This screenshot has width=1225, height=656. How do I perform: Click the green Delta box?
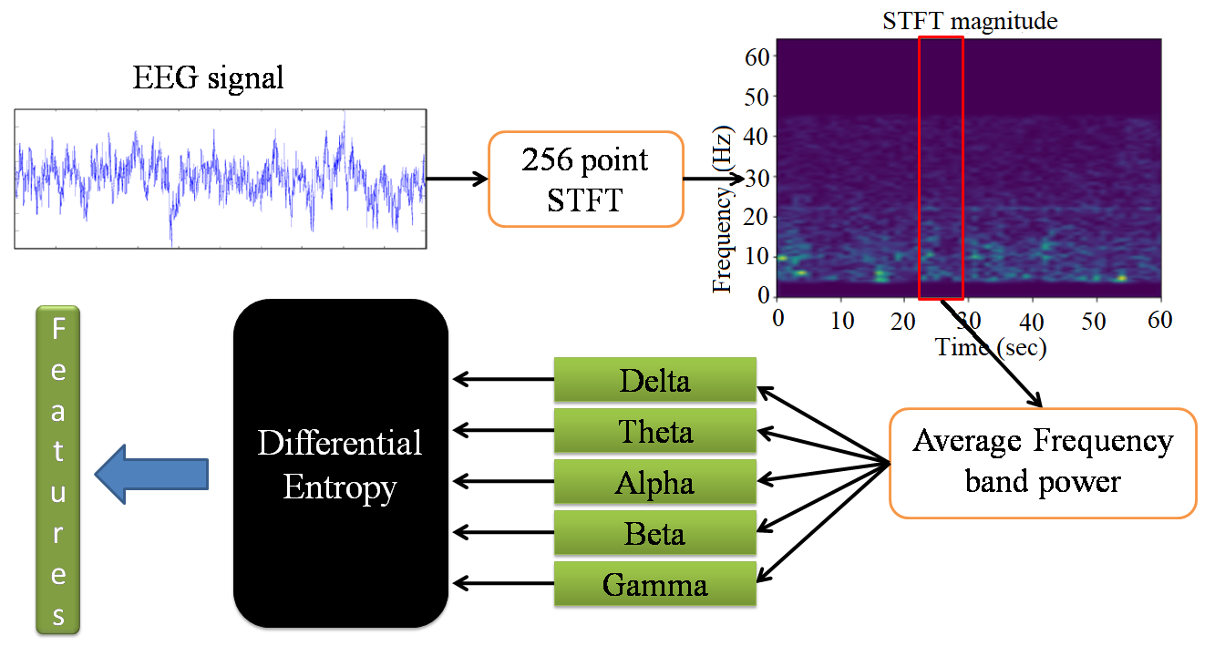[x=655, y=380]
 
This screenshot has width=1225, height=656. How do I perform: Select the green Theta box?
[x=655, y=431]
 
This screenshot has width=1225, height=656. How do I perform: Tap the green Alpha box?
[x=655, y=482]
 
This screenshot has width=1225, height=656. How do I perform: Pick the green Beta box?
[x=655, y=533]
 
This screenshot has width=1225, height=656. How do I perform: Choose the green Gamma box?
[x=655, y=584]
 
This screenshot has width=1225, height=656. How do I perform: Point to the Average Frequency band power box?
[x=1043, y=463]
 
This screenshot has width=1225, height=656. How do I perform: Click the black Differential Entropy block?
[x=340, y=463]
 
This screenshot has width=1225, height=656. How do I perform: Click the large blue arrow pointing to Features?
[x=152, y=472]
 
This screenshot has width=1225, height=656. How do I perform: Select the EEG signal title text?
[x=209, y=78]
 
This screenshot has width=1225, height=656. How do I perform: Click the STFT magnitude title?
[x=970, y=21]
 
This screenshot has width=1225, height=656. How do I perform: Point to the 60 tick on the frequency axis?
[x=759, y=56]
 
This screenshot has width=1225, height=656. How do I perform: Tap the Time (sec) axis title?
[x=992, y=346]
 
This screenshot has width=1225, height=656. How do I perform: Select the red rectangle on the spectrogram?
[x=941, y=168]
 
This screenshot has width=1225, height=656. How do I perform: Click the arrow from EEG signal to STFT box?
[x=457, y=179]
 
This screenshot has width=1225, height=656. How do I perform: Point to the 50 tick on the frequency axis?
[x=759, y=97]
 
